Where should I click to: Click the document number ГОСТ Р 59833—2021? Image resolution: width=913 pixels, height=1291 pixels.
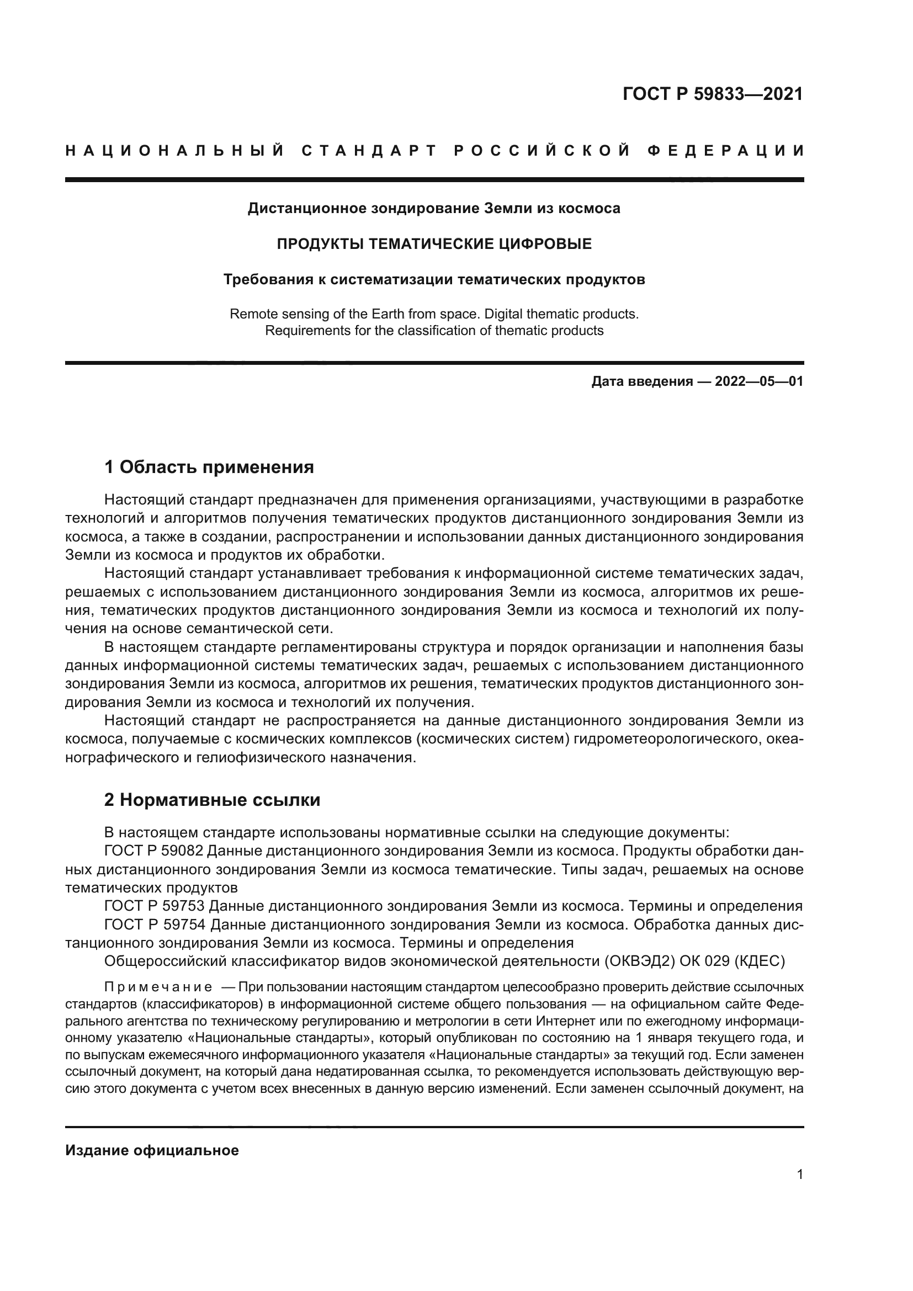[x=712, y=93]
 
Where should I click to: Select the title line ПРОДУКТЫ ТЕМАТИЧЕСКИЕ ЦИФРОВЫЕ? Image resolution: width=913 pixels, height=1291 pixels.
[x=434, y=244]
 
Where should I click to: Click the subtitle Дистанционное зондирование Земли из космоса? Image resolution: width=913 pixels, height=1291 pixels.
[x=434, y=209]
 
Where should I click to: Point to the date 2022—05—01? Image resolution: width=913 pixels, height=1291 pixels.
[x=758, y=382]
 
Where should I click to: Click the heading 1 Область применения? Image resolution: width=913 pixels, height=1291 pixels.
[x=209, y=467]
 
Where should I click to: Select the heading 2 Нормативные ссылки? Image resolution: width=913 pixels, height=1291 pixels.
[x=212, y=800]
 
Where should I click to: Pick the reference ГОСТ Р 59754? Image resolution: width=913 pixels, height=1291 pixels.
[x=154, y=925]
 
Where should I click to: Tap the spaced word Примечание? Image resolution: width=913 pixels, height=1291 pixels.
[x=158, y=987]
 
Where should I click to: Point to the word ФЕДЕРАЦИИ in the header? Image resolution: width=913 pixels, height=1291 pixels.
[x=726, y=151]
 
